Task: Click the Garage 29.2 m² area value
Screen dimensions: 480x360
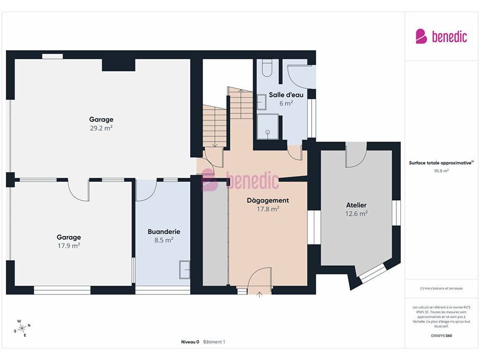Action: (x=101, y=128)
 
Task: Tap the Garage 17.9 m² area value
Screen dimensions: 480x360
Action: (x=69, y=246)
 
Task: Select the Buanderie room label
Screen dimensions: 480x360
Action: (x=164, y=232)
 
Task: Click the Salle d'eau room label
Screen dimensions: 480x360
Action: (x=286, y=95)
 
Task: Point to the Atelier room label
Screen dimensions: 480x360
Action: (x=356, y=205)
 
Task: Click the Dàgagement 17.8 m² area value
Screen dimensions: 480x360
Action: (x=268, y=209)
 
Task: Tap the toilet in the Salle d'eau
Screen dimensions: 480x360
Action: (x=267, y=68)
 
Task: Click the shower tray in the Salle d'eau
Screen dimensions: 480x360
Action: (x=268, y=127)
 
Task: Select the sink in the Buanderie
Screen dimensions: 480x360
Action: (x=185, y=270)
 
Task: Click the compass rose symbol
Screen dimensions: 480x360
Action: (x=22, y=329)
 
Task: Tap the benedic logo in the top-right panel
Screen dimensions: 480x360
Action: (x=441, y=37)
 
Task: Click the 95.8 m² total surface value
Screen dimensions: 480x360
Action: (x=441, y=171)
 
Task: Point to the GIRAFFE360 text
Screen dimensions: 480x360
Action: (x=441, y=336)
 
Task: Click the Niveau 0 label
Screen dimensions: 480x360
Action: (x=190, y=342)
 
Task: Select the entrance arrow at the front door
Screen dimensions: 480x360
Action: (x=259, y=294)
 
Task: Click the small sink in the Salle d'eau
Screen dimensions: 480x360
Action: (x=262, y=102)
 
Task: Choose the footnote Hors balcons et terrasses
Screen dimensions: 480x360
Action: (x=441, y=288)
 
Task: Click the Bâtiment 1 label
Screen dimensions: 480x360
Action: (x=214, y=342)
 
